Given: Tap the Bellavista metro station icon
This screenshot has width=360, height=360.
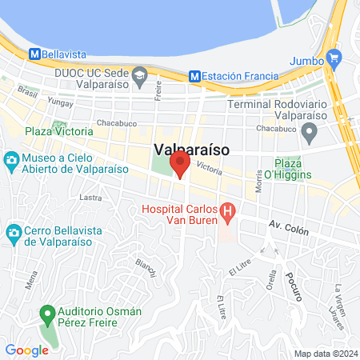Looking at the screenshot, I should tap(34, 54).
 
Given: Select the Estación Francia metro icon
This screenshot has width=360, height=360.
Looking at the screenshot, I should tap(195, 77).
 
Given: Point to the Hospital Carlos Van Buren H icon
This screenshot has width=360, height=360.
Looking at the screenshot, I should tap(228, 213).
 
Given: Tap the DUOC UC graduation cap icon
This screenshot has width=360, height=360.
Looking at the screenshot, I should tap(140, 77).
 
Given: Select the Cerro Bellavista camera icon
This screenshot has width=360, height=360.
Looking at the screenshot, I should tap(12, 234).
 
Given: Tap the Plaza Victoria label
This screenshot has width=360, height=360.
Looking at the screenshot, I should tap(58, 130).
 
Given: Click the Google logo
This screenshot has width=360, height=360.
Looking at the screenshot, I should tap(27, 350).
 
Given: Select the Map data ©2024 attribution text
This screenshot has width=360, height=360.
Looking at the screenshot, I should tap(324, 354).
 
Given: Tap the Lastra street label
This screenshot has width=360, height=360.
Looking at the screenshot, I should tap(90, 196).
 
